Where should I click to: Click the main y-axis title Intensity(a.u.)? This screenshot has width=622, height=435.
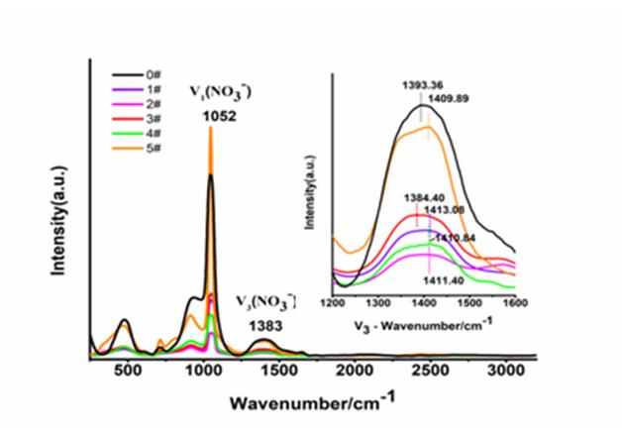point(61,217)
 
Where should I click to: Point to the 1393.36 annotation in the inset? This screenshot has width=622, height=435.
point(422,86)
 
